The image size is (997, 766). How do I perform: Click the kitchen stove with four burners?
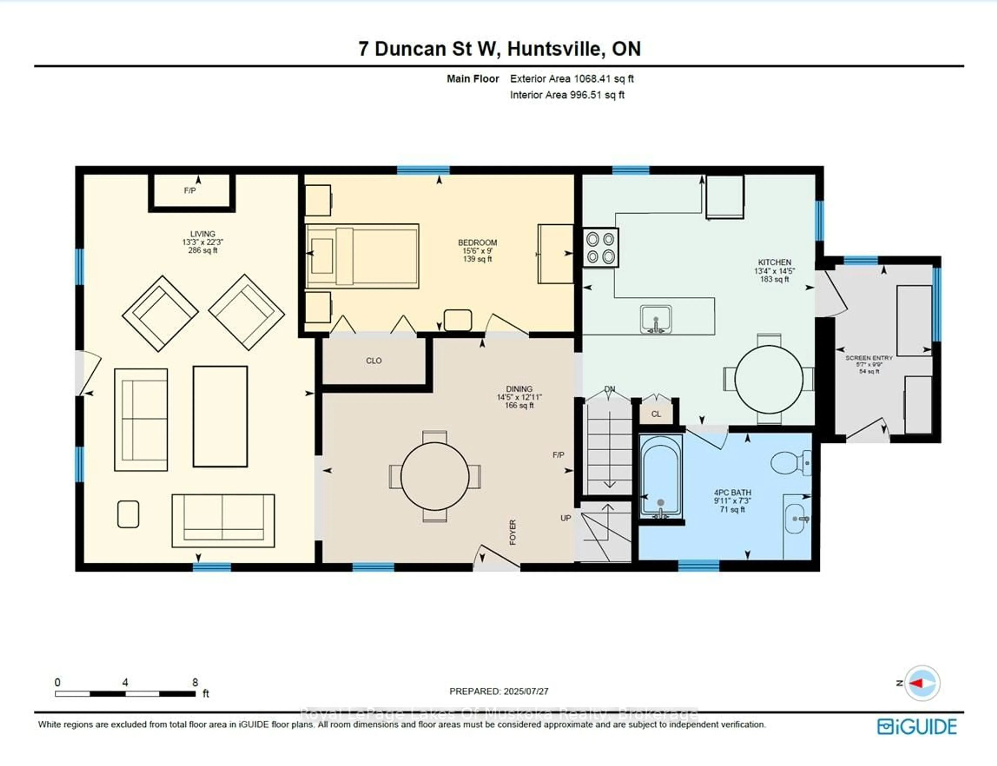[x=600, y=247]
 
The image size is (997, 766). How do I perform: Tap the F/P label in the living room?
[x=190, y=191]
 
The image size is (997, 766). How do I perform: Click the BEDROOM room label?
[x=477, y=243]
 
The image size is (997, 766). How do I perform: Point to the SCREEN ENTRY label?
[x=869, y=358]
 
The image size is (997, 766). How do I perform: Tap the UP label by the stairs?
[x=565, y=518]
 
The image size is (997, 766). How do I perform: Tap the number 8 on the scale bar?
[x=195, y=683]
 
